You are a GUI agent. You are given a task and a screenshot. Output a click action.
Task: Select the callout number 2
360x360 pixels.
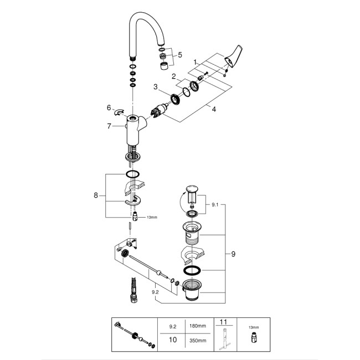pos(173,76)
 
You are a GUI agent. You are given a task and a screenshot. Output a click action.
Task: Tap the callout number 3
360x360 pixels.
pos(156,87)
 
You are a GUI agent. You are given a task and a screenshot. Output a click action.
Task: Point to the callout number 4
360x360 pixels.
pos(213,110)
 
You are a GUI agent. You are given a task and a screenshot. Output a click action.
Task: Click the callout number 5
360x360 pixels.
pos(179,55)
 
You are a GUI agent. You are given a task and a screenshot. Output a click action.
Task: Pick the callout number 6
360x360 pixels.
pos(109,109)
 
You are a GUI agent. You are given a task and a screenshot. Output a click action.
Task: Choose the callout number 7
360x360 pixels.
pos(109,127)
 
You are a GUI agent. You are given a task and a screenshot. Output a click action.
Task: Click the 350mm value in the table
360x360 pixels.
pos(194,340)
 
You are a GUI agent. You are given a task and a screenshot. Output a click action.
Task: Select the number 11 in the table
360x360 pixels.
pos(223,322)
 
